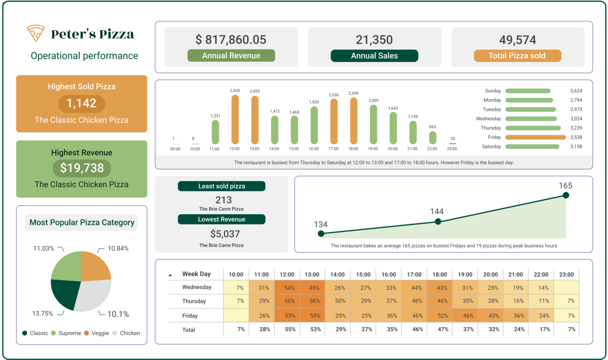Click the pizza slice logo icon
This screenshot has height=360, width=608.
click(x=36, y=33)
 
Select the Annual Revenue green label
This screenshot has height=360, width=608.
click(x=231, y=56)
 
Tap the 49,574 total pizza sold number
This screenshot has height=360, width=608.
click(x=517, y=40)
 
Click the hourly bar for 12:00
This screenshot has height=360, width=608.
click(x=235, y=119)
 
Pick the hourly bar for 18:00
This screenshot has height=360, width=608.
click(x=353, y=120)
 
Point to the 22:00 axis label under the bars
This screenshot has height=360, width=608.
click(x=432, y=149)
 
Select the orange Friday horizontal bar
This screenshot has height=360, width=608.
click(x=536, y=137)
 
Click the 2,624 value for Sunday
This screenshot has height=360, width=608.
click(x=576, y=91)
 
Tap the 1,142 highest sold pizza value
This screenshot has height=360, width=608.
click(x=82, y=103)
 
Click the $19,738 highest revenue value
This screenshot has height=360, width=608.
click(x=82, y=168)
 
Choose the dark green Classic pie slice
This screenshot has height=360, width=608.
click(x=65, y=293)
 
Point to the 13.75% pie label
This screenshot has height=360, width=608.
click(x=42, y=313)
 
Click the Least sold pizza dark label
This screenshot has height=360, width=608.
click(x=222, y=186)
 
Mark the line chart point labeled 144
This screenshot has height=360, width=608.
click(x=438, y=221)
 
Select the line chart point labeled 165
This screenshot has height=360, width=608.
click(x=566, y=195)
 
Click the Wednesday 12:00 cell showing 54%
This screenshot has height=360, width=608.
click(x=287, y=288)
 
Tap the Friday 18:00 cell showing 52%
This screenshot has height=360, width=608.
click(x=440, y=316)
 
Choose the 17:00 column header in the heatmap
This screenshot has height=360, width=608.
click(x=414, y=274)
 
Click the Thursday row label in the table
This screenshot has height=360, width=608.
click(x=194, y=301)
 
